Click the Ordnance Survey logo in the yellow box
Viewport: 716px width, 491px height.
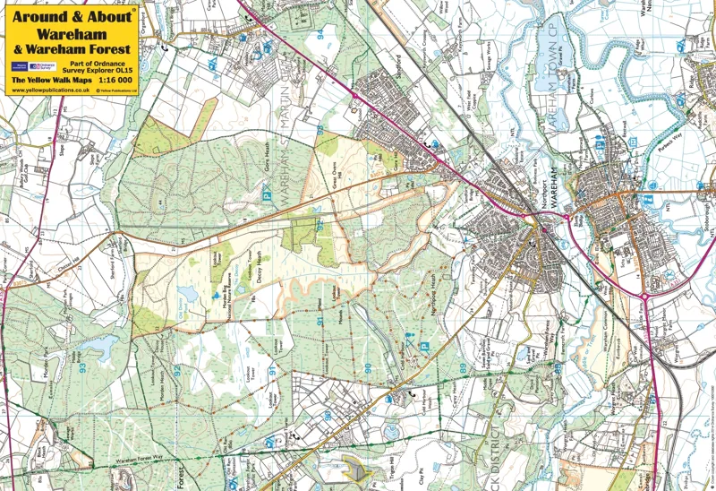pyautogui.click(x=43, y=66)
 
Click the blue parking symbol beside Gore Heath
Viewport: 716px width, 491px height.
pyautogui.click(x=265, y=190)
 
